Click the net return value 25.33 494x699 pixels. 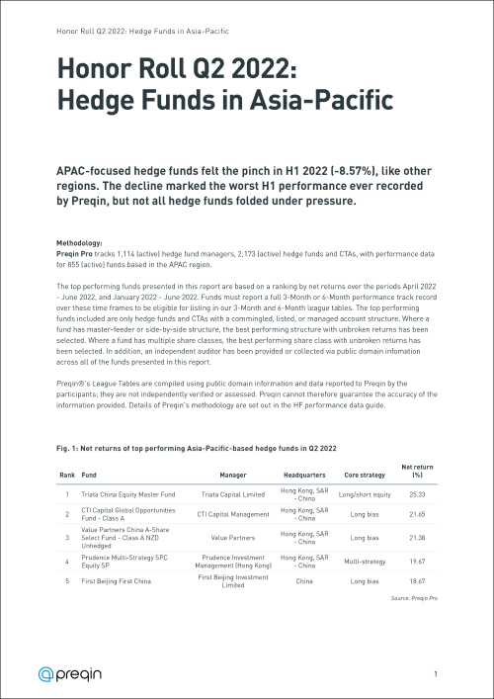pos(416,493)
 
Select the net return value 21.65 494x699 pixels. pos(416,515)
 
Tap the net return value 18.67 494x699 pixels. pos(416,583)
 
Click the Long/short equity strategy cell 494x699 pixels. pos(364,493)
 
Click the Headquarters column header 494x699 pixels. pos(303,474)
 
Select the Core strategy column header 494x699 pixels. pos(364,474)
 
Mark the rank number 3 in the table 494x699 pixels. pos(66,538)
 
